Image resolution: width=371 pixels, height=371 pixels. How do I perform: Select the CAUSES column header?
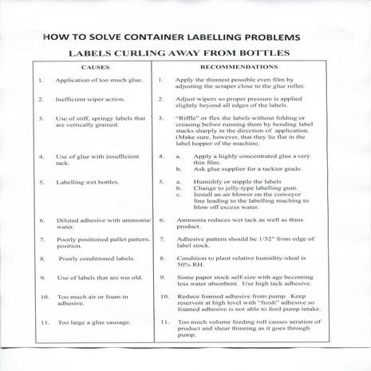[93, 68]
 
